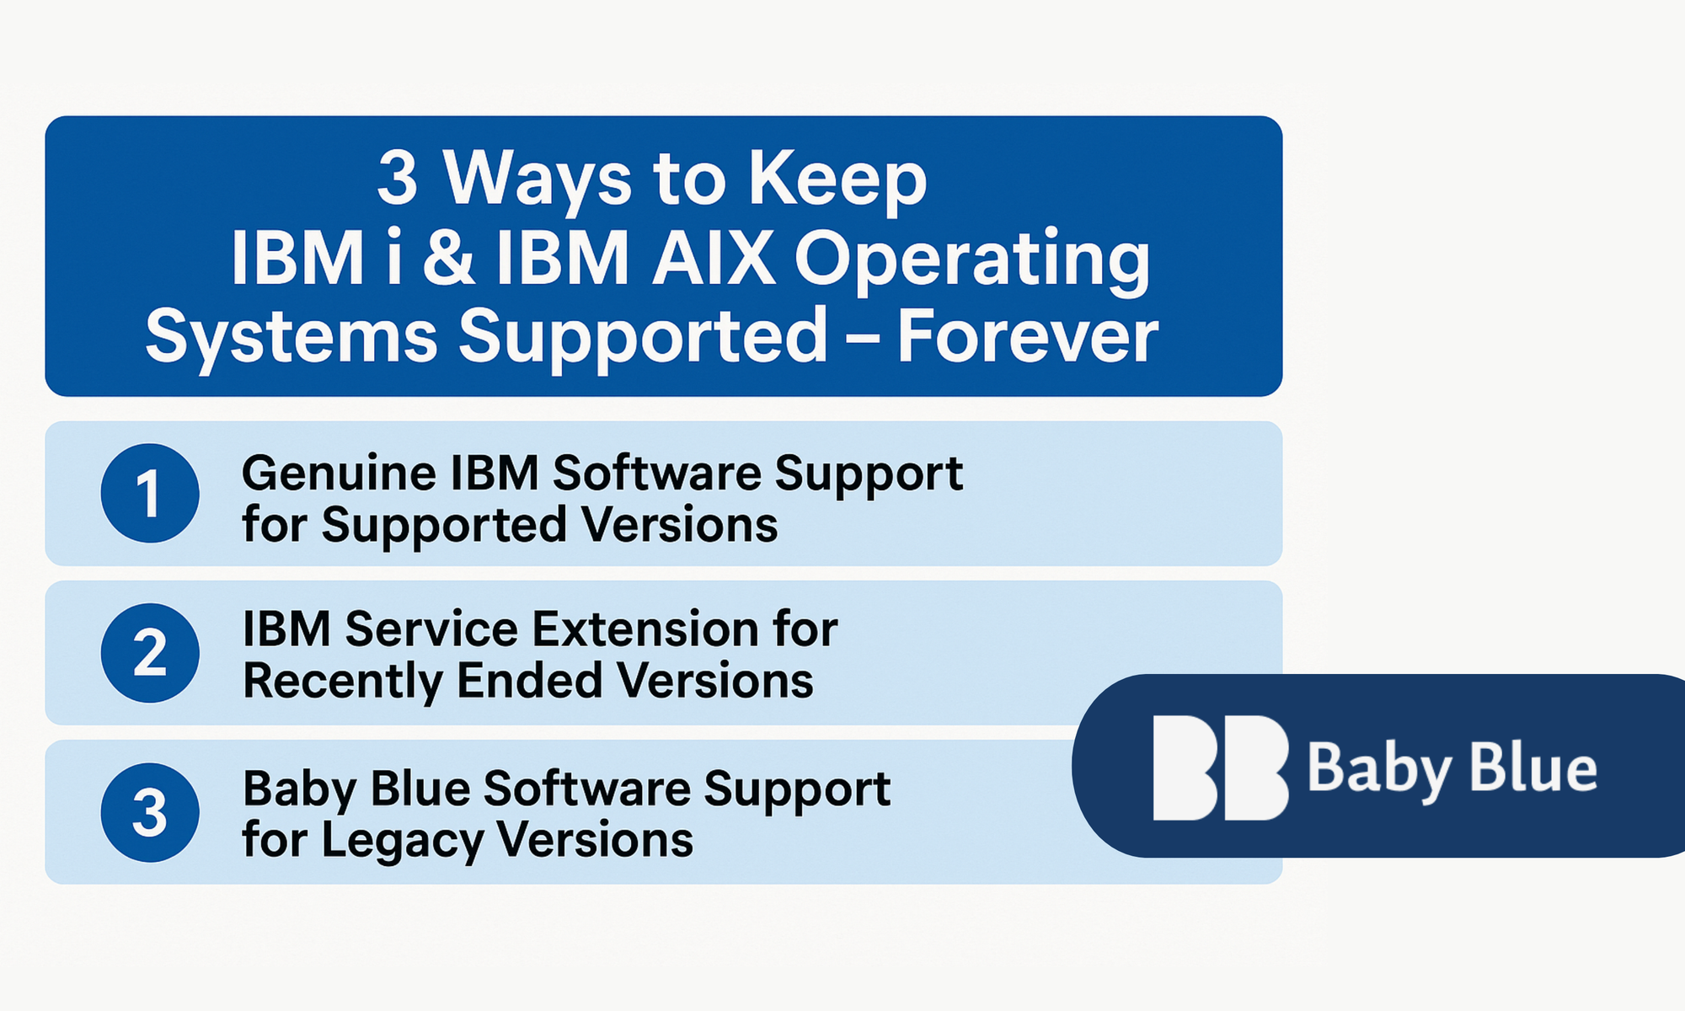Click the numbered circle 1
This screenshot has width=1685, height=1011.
(150, 494)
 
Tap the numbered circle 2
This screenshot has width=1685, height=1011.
(150, 653)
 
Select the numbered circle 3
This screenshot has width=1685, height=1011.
(150, 813)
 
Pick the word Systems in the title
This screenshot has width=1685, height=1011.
(292, 337)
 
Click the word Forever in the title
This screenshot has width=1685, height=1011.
(1028, 335)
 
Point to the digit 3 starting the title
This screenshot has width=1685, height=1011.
(397, 178)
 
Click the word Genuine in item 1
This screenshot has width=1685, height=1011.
(337, 473)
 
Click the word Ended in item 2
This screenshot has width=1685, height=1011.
(528, 681)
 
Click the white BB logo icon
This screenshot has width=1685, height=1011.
(1221, 768)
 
